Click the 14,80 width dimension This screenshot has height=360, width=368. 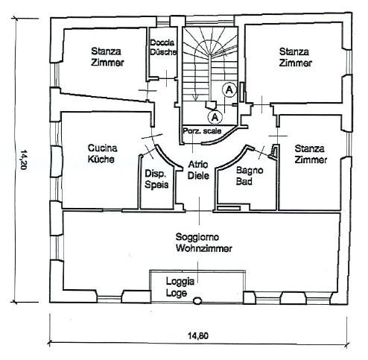198,336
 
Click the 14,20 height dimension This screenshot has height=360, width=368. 23,160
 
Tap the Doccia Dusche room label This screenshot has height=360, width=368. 163,47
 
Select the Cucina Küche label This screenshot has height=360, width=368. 102,154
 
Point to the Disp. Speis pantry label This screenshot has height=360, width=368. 156,179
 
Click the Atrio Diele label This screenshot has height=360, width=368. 198,170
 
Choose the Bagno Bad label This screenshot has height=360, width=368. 250,176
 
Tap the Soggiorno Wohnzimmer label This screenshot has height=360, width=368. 203,242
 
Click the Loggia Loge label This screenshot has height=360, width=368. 180,287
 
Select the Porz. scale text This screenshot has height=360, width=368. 202,130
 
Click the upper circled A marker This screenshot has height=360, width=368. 229,89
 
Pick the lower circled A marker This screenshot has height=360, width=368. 215,117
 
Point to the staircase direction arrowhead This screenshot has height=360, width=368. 195,98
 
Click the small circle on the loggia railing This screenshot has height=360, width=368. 197,300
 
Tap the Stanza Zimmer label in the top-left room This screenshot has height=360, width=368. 107,57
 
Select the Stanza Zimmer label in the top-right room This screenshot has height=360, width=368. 295,57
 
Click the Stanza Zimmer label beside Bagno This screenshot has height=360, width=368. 311,154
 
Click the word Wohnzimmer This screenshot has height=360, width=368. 204,248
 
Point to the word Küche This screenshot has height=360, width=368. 101,159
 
